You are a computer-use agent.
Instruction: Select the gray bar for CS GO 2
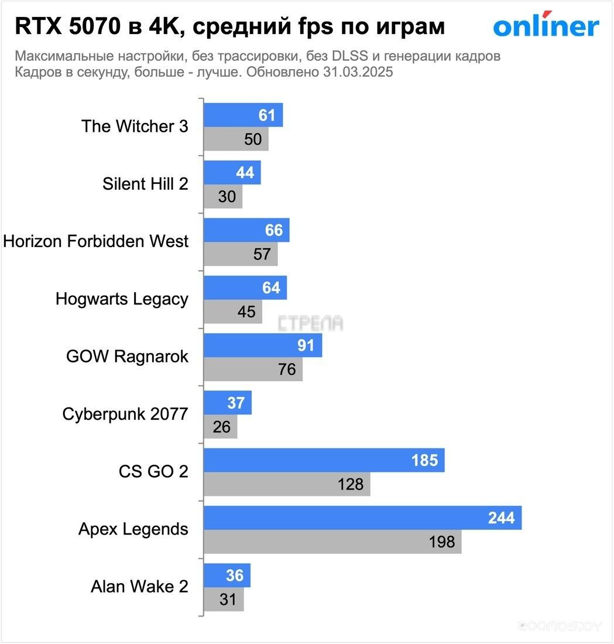[x=287, y=484]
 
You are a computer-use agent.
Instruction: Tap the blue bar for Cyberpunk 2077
[x=228, y=403]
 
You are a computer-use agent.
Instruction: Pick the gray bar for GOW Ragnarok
[x=253, y=369]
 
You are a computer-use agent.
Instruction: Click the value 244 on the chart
[x=501, y=518]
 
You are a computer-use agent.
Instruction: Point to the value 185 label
[x=424, y=460]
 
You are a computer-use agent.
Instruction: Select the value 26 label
[x=222, y=427]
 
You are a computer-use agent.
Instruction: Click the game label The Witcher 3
[x=135, y=126]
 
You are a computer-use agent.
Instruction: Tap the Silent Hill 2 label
[x=145, y=183]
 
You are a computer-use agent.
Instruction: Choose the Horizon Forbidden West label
[x=96, y=241]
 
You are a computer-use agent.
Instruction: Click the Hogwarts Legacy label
[x=122, y=299]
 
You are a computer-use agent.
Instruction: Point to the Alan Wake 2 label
[x=139, y=586]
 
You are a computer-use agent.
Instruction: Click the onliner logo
[x=546, y=26]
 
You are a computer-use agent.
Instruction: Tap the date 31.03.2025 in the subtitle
[x=357, y=73]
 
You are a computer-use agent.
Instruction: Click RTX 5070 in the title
[x=66, y=26]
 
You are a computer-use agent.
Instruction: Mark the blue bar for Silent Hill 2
[x=232, y=173]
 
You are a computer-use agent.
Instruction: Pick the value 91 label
[x=306, y=345]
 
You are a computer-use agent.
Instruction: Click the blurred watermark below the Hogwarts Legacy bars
[x=310, y=323]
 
